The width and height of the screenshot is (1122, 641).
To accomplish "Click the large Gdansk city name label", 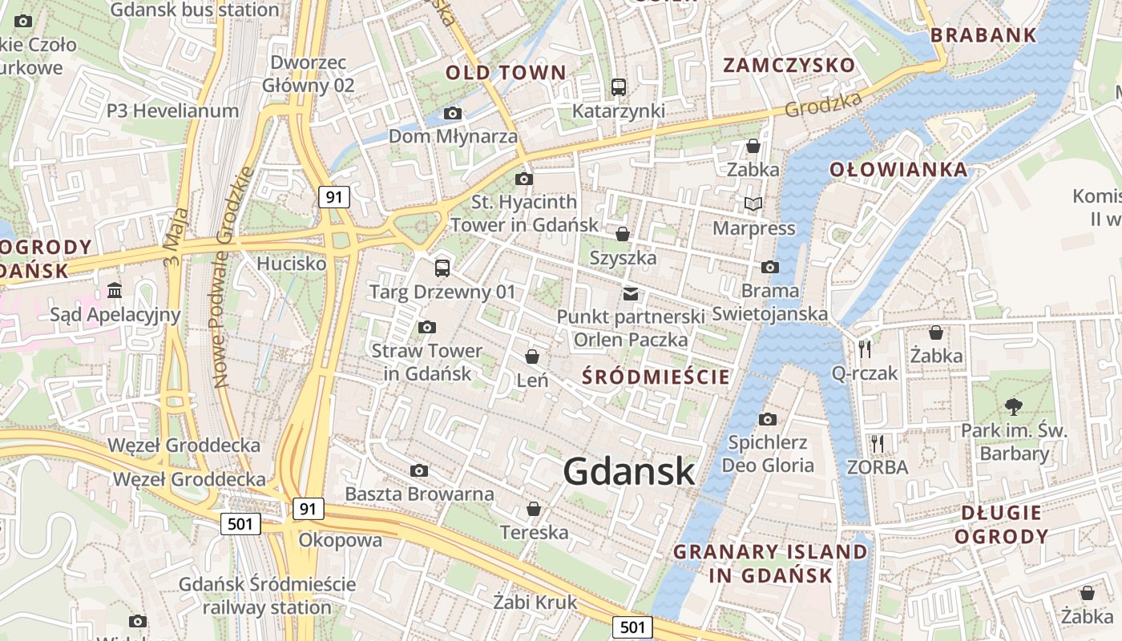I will [x=629, y=472].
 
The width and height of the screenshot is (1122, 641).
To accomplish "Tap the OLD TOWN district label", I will [x=506, y=73].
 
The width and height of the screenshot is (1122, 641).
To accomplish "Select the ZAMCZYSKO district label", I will [x=789, y=66].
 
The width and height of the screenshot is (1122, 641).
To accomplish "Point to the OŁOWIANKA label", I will [x=898, y=170].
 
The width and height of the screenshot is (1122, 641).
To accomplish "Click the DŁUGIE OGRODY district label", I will [x=1001, y=525].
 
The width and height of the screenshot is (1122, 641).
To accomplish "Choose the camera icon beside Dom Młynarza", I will [x=453, y=114].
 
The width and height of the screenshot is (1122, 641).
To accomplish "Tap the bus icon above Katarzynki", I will [x=618, y=87].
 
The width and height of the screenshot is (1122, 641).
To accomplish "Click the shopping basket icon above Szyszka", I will [x=623, y=234].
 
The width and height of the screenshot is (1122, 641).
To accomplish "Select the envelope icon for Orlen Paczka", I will [x=631, y=294].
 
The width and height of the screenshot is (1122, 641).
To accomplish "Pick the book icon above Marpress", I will [x=753, y=204].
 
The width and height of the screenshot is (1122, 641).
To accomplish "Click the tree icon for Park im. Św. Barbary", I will [x=1014, y=406].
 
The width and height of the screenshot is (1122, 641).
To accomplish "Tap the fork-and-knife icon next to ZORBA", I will [x=878, y=443].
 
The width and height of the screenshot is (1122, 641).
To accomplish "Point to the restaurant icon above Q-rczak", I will [x=864, y=349].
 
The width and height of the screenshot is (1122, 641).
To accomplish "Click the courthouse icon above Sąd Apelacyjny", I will [x=115, y=289].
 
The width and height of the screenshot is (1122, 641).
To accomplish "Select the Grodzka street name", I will [x=824, y=104].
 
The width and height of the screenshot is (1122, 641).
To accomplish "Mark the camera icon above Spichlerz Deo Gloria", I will [x=768, y=418].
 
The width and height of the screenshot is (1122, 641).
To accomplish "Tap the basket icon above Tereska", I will [x=534, y=509].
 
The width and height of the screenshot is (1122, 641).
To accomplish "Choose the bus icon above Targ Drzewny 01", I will [x=442, y=268].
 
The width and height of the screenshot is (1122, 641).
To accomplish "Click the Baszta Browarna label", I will [x=419, y=494].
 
